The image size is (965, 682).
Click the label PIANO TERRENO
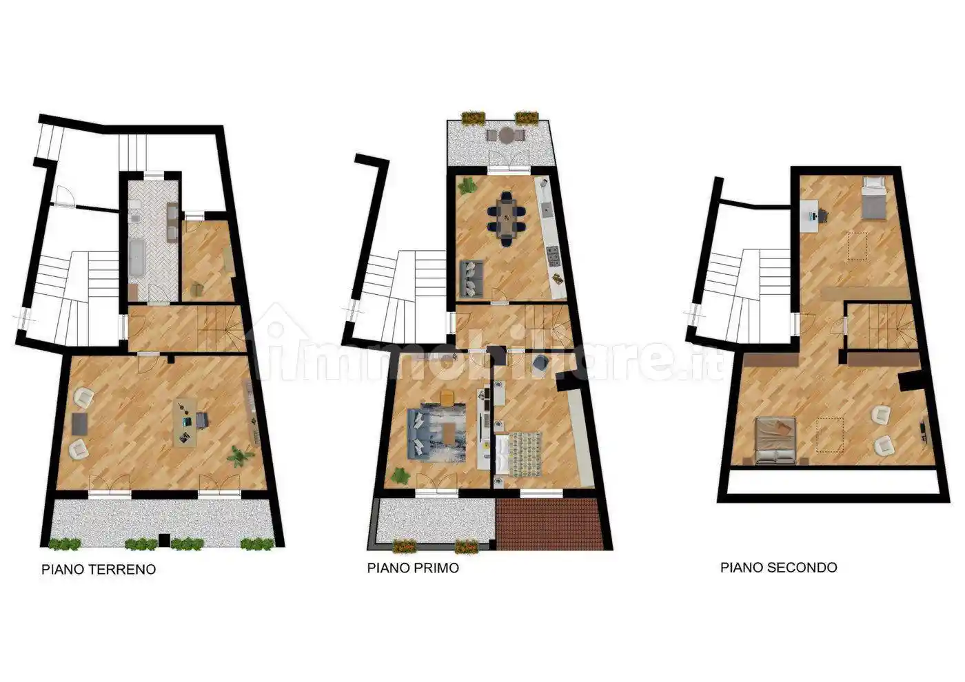[99, 569]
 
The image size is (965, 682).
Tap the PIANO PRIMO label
[413, 568]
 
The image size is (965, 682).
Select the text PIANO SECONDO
[779, 568]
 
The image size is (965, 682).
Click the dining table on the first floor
[507, 219]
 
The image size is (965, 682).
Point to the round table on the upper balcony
[505, 136]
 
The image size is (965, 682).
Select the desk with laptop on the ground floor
[185, 424]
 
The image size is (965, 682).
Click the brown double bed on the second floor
[775, 440]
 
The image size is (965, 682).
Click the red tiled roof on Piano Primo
[548, 524]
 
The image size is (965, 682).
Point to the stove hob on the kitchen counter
[553, 256]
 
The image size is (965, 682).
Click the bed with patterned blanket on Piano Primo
[519, 454]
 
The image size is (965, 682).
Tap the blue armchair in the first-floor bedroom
[539, 363]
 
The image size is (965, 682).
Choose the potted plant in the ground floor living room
[238, 456]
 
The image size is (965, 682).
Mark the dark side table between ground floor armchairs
[80, 423]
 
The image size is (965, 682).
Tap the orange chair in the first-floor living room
[447, 397]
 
